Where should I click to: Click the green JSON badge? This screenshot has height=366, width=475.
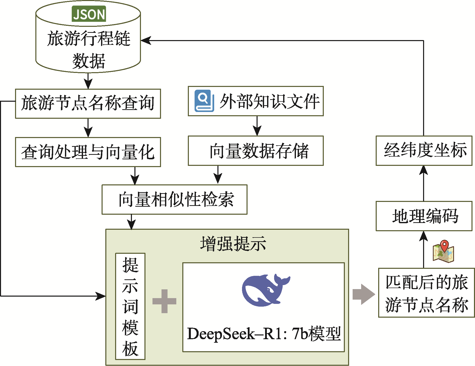tap(89, 14)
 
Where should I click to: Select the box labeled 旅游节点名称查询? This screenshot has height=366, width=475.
tap(88, 103)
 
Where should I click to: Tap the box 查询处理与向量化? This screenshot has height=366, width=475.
tap(88, 152)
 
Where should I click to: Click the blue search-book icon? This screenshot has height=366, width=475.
tap(204, 101)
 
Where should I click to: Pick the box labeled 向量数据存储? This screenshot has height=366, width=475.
tap(256, 151)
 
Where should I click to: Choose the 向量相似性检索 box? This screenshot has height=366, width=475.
tap(174, 199)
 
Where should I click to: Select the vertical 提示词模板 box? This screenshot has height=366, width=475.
tap(130, 306)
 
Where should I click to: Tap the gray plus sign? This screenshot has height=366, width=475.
tap(164, 301)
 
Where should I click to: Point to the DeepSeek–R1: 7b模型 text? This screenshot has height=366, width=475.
tap(264, 334)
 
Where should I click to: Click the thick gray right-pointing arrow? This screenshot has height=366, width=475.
tap(363, 294)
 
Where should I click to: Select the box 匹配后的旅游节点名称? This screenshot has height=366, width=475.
tap(426, 293)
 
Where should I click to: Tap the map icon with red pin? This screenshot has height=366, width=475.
tap(443, 252)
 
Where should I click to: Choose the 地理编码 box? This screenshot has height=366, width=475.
tap(424, 216)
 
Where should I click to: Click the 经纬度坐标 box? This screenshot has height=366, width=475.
tap(424, 151)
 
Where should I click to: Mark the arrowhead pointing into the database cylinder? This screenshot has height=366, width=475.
tap(146, 40)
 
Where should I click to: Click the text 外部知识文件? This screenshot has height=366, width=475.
tap(269, 101)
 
